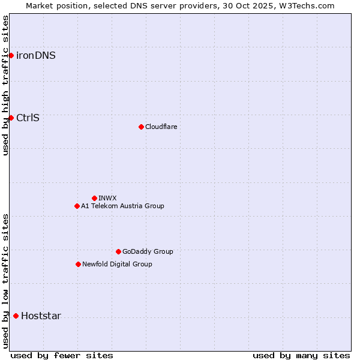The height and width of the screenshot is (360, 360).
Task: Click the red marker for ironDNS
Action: click(x=11, y=56)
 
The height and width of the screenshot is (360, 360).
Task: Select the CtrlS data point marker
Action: click(x=11, y=118)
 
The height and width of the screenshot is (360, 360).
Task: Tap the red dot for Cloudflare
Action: click(x=141, y=127)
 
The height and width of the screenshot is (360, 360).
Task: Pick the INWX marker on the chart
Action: click(x=94, y=198)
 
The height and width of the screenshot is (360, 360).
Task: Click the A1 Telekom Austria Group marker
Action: click(x=77, y=206)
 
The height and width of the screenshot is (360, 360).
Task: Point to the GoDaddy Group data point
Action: click(x=118, y=251)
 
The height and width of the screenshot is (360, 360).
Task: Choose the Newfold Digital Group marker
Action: click(x=78, y=264)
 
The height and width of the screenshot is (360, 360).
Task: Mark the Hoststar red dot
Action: click(x=16, y=316)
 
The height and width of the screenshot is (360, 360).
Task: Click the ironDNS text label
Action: click(x=36, y=56)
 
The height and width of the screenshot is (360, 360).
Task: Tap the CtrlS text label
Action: click(x=28, y=118)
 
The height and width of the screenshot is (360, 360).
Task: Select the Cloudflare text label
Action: click(x=161, y=127)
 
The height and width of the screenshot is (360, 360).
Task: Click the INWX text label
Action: click(x=107, y=198)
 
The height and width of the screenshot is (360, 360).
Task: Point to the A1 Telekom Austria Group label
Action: click(x=122, y=206)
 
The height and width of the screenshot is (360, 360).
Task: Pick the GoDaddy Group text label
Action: click(x=148, y=251)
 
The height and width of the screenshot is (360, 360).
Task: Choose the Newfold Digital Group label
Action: click(x=117, y=264)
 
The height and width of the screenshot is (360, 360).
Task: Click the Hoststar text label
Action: click(x=41, y=316)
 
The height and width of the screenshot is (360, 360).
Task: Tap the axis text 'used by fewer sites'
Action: click(x=62, y=355)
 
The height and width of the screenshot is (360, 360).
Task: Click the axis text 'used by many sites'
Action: click(x=301, y=355)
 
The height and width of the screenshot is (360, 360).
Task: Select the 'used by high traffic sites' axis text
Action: click(x=5, y=85)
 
